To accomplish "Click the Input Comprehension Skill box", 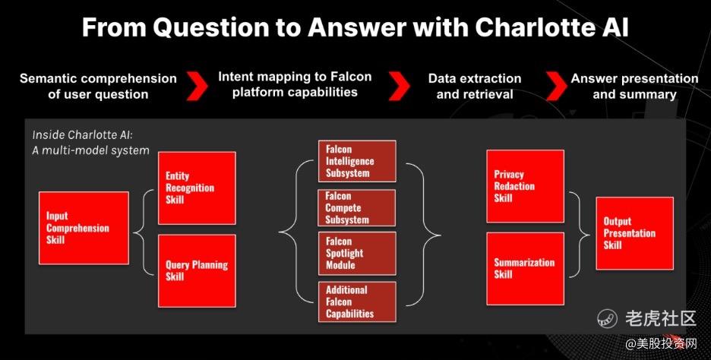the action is point(84,228).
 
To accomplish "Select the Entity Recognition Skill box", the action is point(197,188).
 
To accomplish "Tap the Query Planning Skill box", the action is point(197,270).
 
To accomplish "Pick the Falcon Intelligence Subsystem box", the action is point(357,161).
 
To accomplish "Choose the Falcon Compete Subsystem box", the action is point(357,208).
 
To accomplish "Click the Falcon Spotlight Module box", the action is point(357,254).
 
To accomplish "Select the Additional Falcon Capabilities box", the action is point(357,302).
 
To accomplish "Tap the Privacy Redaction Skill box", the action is point(525,186).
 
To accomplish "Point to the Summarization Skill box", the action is point(525,269).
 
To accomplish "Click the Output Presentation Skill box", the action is point(634,233).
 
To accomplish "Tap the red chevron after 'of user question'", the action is point(197,85).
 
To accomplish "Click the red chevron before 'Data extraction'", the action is point(400,85).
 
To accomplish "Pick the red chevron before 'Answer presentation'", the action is point(556,85).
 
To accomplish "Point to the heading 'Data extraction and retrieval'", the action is point(475,86).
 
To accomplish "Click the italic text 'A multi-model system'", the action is point(90,150).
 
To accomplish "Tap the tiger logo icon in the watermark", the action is point(608,317).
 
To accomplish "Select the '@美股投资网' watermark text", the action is point(662,344).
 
